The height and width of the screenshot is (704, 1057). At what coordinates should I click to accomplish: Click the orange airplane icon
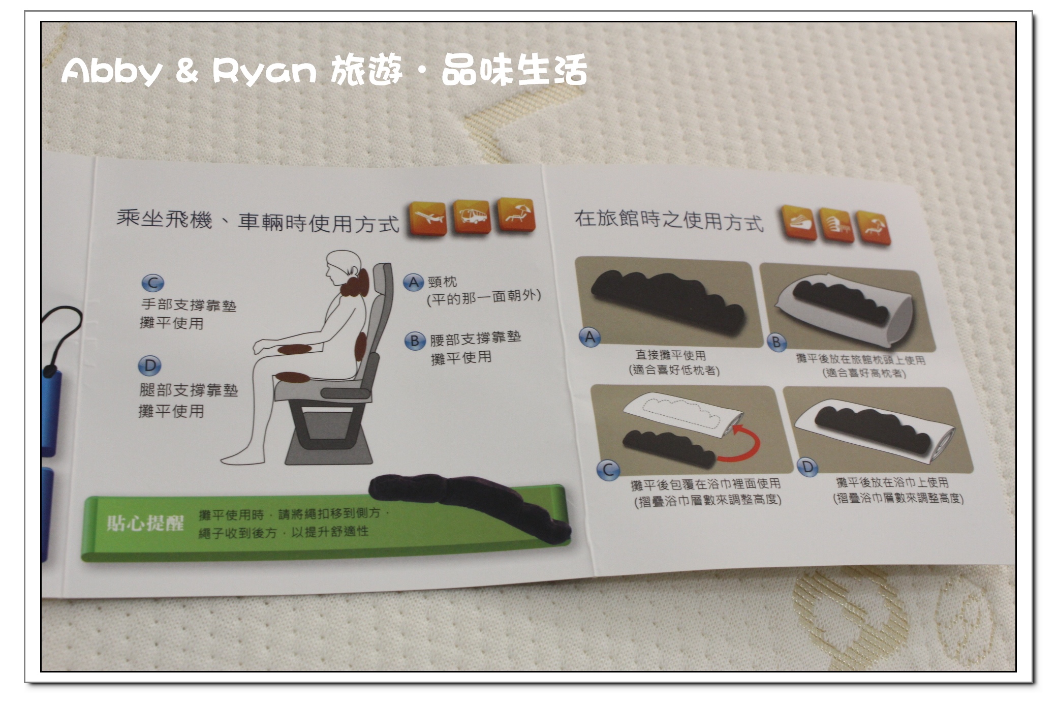pyautogui.click(x=427, y=219)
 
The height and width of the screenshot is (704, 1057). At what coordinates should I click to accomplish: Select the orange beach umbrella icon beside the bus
pyautogui.click(x=515, y=215)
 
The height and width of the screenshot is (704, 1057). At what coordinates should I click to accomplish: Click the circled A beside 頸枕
pyautogui.click(x=414, y=282)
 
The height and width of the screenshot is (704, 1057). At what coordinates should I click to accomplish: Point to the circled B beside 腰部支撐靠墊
pyautogui.click(x=415, y=340)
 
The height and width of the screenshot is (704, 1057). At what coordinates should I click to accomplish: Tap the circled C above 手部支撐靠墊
pyautogui.click(x=153, y=283)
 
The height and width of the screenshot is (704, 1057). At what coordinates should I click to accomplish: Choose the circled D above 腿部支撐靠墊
pyautogui.click(x=150, y=365)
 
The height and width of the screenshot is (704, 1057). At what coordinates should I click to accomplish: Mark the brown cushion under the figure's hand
pyautogui.click(x=294, y=349)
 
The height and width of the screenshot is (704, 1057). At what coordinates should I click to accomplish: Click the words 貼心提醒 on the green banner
pyautogui.click(x=145, y=523)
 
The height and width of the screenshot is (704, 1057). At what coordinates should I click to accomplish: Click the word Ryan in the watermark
pyautogui.click(x=265, y=71)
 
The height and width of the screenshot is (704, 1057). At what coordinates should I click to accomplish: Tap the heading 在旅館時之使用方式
pyautogui.click(x=669, y=221)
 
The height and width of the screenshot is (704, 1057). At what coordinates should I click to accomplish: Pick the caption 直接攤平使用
pyautogui.click(x=671, y=355)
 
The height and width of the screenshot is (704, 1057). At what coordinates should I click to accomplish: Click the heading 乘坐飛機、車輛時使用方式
pyautogui.click(x=258, y=222)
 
